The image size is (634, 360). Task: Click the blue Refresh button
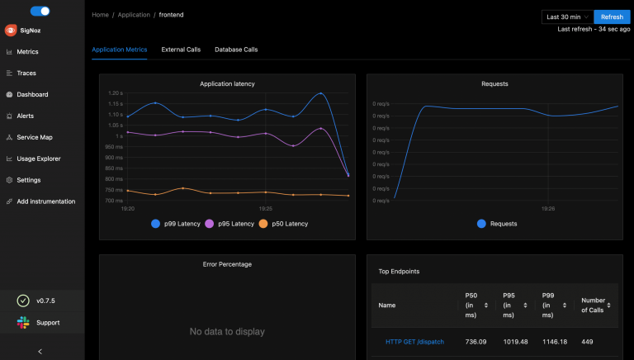(612, 17)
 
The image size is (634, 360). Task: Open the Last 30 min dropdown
(566, 17)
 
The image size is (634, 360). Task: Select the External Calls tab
(181, 50)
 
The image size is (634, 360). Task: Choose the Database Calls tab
(236, 50)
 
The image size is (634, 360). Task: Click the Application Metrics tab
(120, 50)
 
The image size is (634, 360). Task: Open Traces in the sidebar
(26, 73)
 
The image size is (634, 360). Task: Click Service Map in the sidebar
(34, 137)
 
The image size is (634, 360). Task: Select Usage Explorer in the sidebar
(39, 159)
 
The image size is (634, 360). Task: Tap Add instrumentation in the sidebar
(45, 201)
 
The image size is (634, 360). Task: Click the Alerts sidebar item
(26, 116)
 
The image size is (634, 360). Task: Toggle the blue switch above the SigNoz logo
(40, 12)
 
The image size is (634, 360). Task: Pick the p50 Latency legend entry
(283, 224)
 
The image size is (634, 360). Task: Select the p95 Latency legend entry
(230, 224)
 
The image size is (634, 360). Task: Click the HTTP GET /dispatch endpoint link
(414, 342)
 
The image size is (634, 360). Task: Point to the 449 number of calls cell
(588, 342)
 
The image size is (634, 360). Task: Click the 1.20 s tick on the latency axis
(115, 93)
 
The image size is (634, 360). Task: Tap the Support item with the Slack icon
(48, 322)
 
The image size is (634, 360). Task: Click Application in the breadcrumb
(133, 15)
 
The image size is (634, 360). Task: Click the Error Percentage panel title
(227, 264)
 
